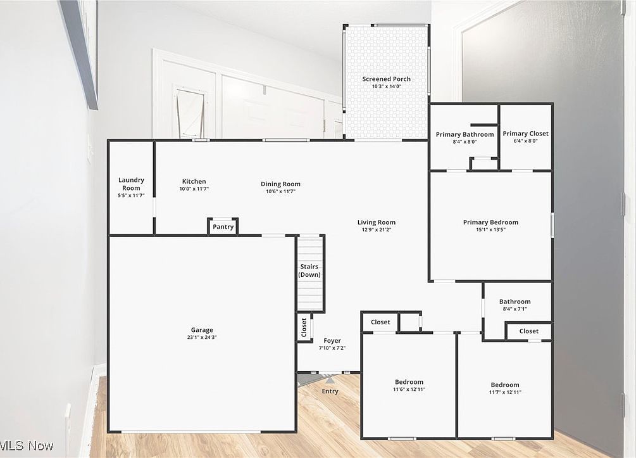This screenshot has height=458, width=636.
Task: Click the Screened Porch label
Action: (386, 79)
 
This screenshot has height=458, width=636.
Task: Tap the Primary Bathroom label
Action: (465, 134)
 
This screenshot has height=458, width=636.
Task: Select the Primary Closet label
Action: (525, 134)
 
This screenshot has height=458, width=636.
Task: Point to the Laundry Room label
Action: (131, 184)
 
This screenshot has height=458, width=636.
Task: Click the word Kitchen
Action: (194, 182)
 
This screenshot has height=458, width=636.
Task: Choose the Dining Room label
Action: (280, 184)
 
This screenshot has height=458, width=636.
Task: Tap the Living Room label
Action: (376, 222)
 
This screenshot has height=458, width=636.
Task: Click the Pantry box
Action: (223, 226)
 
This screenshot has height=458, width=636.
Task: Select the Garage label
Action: (202, 330)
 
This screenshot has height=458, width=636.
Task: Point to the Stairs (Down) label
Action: (309, 270)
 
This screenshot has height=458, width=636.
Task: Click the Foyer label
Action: (332, 341)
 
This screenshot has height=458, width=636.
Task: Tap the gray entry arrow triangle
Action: (330, 380)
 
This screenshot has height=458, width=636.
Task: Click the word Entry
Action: (330, 391)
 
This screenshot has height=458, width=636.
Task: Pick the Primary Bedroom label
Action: (490, 222)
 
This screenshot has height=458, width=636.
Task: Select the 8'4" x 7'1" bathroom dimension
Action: (514, 309)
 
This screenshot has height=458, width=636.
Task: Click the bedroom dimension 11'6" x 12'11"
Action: (409, 389)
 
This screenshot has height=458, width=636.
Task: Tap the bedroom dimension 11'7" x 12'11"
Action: (505, 392)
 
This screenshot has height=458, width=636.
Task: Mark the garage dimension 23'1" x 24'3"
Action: (202, 337)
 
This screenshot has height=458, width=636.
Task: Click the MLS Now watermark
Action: (27, 446)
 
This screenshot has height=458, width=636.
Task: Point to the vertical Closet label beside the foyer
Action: (304, 328)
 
